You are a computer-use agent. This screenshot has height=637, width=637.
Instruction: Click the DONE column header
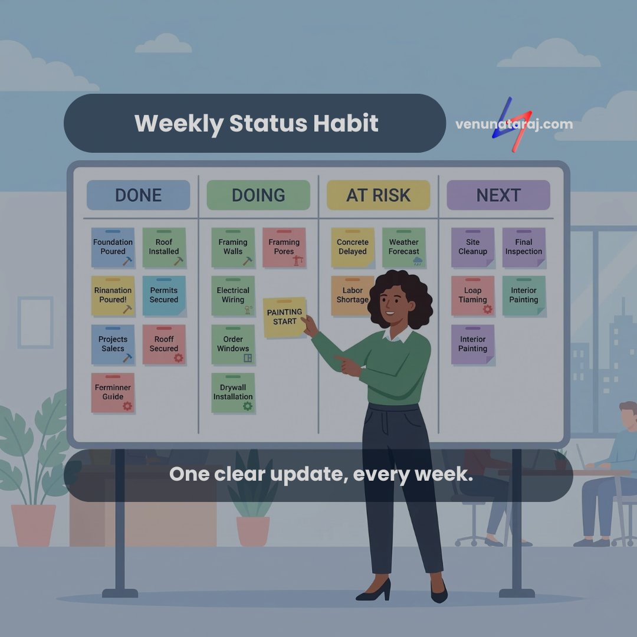point(138,195)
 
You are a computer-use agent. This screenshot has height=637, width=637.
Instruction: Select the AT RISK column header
point(378,195)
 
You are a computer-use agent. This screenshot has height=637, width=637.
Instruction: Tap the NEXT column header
point(498,195)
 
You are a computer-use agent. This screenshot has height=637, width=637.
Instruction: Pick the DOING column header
point(258,195)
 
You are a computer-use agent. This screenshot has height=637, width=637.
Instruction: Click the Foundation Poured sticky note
point(113,247)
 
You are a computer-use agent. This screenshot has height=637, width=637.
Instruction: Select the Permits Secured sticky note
point(164,295)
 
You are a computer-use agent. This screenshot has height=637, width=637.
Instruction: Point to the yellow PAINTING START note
point(284,317)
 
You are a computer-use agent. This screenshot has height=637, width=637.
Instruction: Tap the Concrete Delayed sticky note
point(353,247)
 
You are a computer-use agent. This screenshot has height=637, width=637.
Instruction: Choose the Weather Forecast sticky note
point(404,247)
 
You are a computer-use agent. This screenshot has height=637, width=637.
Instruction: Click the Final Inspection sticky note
point(524,247)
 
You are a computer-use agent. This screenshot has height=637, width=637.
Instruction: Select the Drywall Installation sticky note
point(233,393)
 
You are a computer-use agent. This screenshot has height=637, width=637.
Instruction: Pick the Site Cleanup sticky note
point(473,247)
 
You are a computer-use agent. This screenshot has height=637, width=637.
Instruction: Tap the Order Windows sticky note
point(233,344)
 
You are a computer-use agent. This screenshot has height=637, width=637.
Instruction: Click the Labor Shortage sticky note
point(350,295)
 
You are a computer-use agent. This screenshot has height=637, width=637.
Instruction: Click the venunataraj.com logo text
point(514,124)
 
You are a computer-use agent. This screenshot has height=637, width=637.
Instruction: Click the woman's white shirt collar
point(398,335)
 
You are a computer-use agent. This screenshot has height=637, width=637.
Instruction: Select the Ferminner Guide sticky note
point(113,393)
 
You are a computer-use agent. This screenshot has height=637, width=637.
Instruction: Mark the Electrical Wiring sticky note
point(233,295)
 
